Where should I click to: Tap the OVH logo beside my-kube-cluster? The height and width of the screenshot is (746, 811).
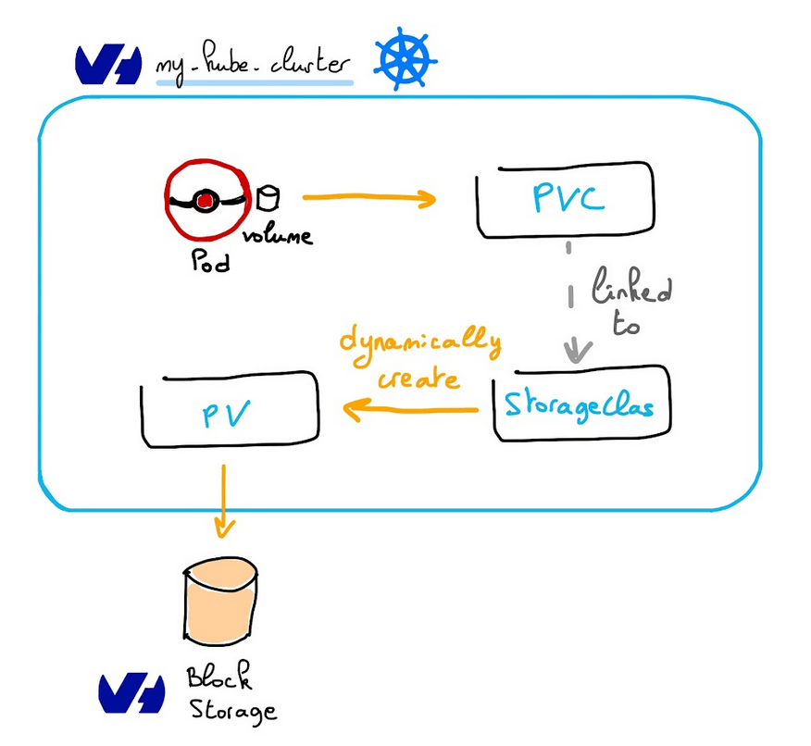108,66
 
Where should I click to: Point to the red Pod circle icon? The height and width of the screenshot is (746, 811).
205,198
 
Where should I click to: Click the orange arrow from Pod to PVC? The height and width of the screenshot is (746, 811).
368,197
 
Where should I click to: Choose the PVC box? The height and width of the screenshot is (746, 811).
564,199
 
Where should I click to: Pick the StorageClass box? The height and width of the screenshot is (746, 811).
580,405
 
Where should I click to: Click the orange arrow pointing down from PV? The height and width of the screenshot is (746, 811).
223,500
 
